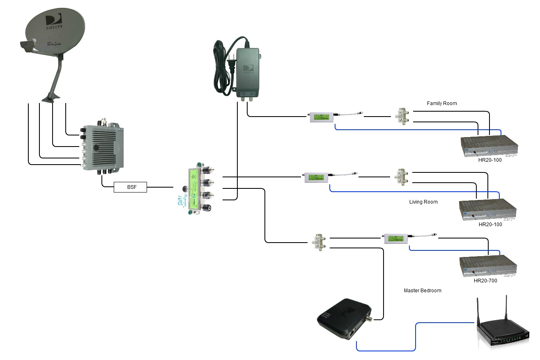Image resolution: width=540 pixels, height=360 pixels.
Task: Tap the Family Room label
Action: [x=441, y=103]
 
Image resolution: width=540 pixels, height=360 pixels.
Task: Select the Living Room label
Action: [x=423, y=202]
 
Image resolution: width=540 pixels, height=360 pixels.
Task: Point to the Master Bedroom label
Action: [x=423, y=291]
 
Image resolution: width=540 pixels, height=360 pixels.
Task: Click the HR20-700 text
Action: [x=485, y=281]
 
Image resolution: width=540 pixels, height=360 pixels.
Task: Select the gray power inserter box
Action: [x=247, y=72]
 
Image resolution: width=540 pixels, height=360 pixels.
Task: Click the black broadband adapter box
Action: [x=344, y=320]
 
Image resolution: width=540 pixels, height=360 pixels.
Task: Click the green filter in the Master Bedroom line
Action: [x=396, y=238]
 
